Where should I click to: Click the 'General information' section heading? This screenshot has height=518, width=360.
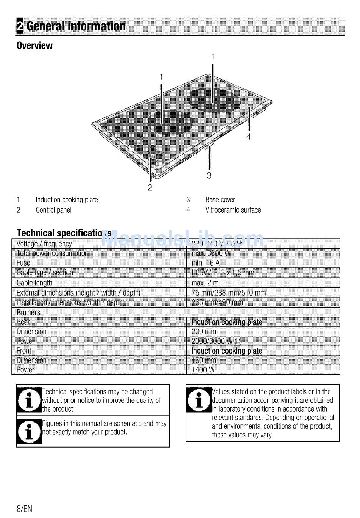click(x=76, y=26)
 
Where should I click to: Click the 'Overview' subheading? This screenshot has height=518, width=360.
click(x=34, y=45)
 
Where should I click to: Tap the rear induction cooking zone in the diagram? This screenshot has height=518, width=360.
click(x=214, y=100)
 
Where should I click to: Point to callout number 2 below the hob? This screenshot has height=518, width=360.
click(x=150, y=187)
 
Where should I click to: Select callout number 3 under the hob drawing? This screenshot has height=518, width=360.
click(x=209, y=175)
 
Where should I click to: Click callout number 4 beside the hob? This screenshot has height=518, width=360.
click(x=249, y=137)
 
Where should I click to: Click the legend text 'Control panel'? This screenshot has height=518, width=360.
click(x=53, y=210)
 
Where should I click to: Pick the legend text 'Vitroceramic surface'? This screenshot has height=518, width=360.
click(x=233, y=210)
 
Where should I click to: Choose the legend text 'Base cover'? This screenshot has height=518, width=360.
click(x=220, y=200)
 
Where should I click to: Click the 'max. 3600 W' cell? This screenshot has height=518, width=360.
click(x=211, y=253)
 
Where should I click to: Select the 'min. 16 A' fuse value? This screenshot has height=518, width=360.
click(x=205, y=263)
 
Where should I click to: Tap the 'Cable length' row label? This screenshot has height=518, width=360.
click(x=34, y=283)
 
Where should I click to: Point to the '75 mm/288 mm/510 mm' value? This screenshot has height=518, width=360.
click(x=229, y=293)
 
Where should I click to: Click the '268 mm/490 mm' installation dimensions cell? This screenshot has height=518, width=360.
click(x=217, y=302)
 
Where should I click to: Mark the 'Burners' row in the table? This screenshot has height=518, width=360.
click(x=28, y=312)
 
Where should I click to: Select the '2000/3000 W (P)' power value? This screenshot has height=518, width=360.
click(x=216, y=341)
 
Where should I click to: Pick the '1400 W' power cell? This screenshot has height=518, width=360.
click(x=203, y=370)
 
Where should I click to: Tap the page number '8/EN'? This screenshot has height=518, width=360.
click(x=24, y=509)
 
